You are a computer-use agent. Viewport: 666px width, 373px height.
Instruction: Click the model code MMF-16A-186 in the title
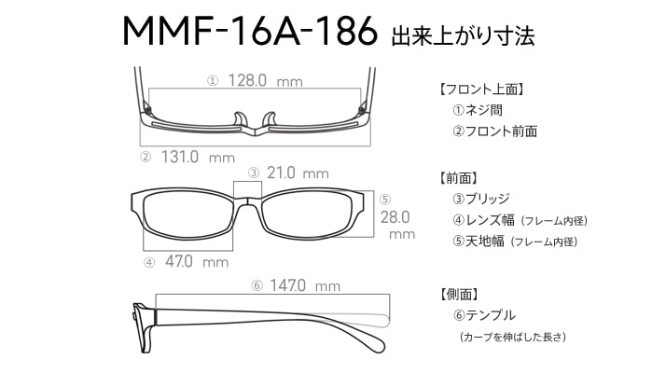point(250,31)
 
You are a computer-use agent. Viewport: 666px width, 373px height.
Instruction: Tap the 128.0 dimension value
point(247,80)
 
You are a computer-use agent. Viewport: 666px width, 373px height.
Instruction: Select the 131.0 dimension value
point(180,158)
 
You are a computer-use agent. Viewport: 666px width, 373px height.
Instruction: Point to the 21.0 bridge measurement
point(281,173)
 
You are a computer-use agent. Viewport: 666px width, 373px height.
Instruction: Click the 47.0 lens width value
point(179,261)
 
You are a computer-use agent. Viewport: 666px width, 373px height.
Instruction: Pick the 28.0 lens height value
point(395,217)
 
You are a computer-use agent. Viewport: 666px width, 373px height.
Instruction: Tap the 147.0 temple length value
point(287,285)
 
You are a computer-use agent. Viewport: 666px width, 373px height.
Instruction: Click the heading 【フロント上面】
point(481,90)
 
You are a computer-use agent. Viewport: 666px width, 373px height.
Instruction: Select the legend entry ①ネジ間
point(478,110)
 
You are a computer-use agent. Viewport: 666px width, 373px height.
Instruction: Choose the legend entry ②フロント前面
point(494,131)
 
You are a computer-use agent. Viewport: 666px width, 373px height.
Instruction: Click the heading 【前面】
point(458,178)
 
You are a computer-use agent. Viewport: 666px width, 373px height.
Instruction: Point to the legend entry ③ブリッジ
point(480,199)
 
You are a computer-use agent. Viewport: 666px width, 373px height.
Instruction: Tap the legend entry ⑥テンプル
point(484,315)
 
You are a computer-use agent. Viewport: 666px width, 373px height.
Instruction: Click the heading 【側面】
point(459,294)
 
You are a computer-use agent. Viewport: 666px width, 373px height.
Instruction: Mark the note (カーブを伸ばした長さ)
point(513,338)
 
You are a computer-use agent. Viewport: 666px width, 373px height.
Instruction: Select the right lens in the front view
point(308,214)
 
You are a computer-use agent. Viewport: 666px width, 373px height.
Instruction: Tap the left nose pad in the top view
point(241,119)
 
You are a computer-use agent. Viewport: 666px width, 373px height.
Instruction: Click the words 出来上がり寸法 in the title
point(463,35)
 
